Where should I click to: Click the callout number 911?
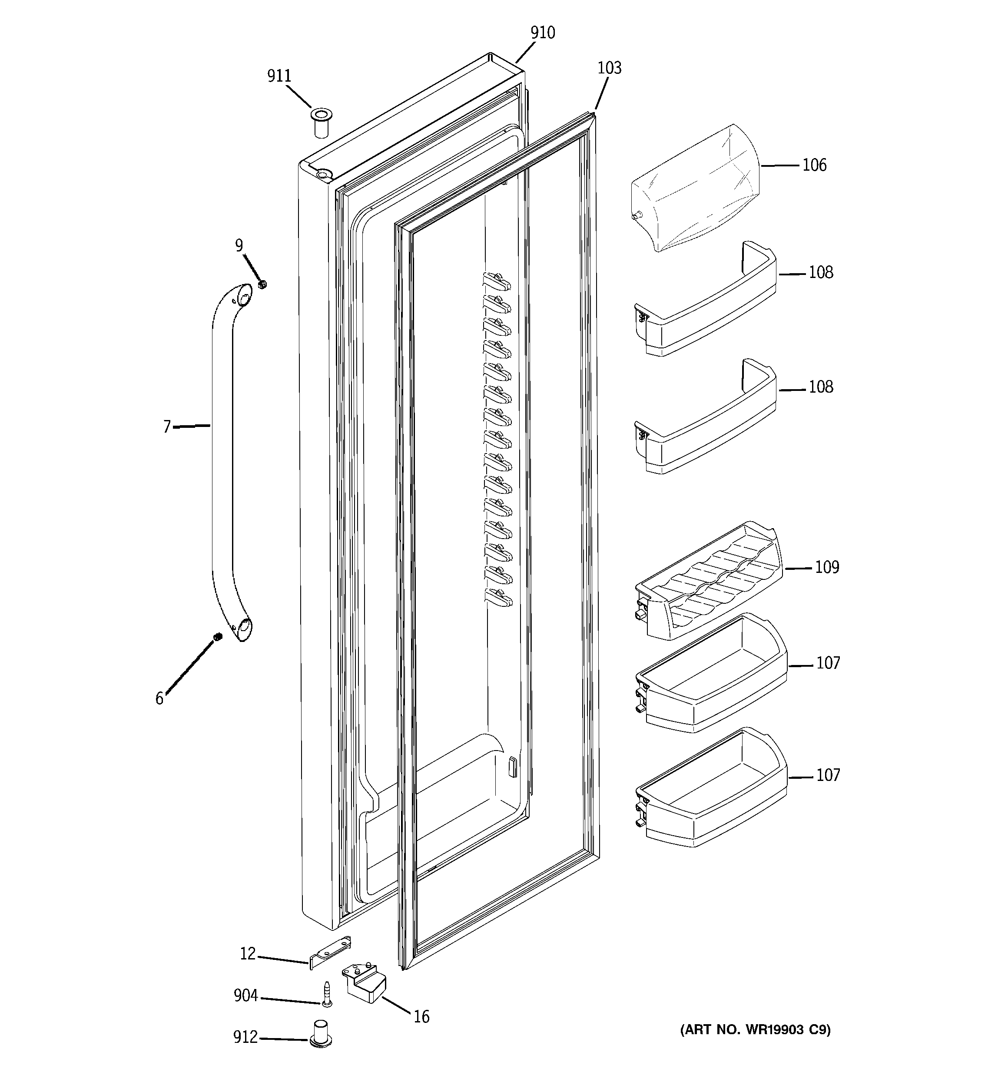[x=279, y=76]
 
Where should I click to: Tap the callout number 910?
[x=542, y=33]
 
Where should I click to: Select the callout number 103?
[x=609, y=69]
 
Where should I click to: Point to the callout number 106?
[x=814, y=165]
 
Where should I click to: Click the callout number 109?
[x=827, y=567]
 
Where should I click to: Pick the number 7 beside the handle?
[x=167, y=427]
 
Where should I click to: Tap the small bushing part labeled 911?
[x=320, y=124]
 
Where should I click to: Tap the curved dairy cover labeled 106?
[x=698, y=189]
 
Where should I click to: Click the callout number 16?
[x=421, y=1017]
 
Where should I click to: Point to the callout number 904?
[x=245, y=996]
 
